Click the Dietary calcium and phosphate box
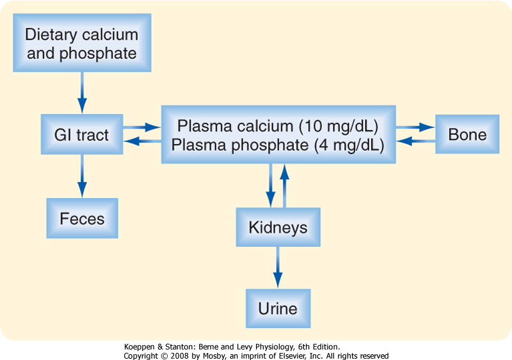[82, 43]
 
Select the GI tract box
[82, 134]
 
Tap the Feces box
[83, 218]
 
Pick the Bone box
[467, 134]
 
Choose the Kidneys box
[278, 227]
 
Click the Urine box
[278, 308]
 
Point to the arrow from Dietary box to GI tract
[82, 93]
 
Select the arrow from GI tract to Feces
[82, 176]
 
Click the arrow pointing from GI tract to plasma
[142, 127]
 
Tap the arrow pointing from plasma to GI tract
[143, 141]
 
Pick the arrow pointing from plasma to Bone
[415, 127]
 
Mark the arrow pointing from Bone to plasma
[416, 141]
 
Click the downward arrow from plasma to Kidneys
[271, 185]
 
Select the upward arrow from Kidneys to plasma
[285, 185]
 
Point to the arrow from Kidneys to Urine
[278, 268]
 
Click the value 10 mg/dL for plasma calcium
[339, 126]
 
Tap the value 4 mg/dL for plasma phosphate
[349, 145]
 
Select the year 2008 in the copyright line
[179, 356]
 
